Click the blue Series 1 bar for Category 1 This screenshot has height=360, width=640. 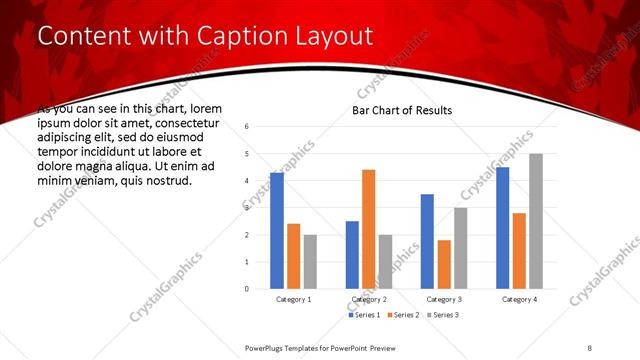(x=277, y=231)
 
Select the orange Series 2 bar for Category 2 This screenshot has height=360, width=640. (x=368, y=229)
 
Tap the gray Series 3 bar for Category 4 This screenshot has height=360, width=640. (x=536, y=221)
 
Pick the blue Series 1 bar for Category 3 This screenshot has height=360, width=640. (x=427, y=241)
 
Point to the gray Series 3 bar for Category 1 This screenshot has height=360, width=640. (x=310, y=262)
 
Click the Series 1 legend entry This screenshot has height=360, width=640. (x=364, y=315)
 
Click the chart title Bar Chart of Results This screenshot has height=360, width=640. (x=402, y=110)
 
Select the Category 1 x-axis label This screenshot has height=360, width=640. (x=293, y=300)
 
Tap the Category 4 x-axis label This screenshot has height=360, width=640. (x=519, y=300)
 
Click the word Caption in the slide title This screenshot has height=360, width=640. (x=216, y=36)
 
